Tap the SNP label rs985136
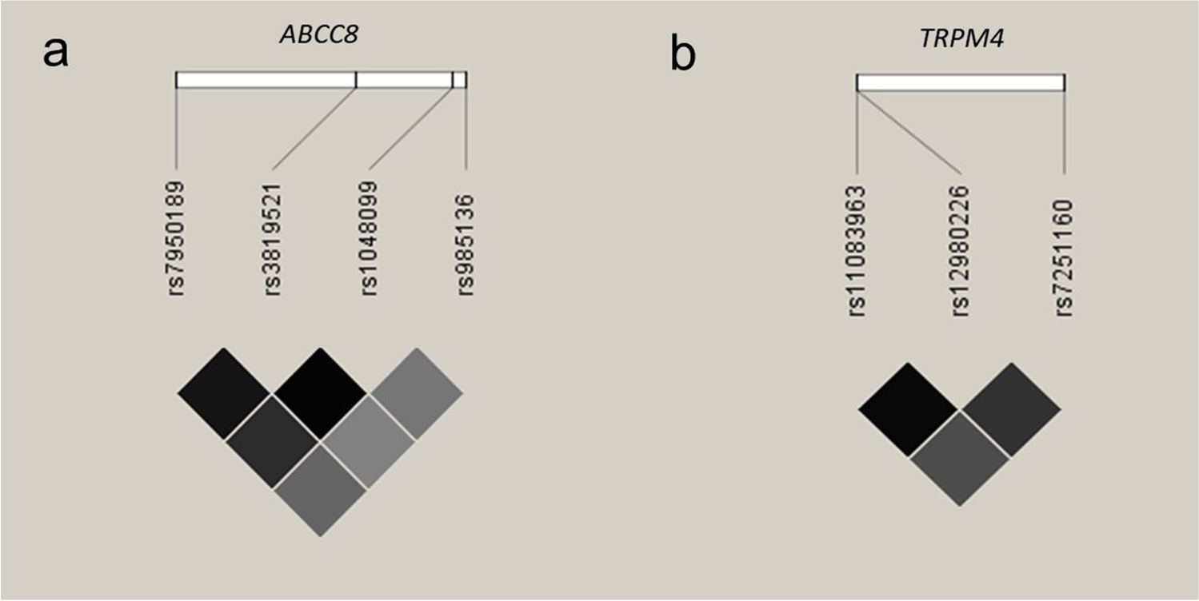[466, 244]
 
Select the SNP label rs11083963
[857, 250]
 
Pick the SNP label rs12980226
[960, 250]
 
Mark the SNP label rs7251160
[1064, 250]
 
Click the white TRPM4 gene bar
[960, 83]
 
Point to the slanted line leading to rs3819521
[314, 129]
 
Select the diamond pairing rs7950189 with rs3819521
[224, 393]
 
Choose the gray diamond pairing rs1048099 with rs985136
[416, 393]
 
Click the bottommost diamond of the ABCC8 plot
[320, 489]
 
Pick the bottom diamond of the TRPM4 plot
[960, 459]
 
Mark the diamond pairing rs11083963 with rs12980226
[908, 409]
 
